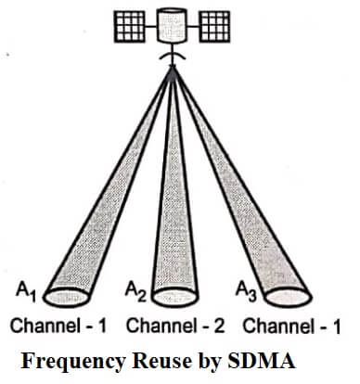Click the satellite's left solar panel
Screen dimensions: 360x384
pos(129,26)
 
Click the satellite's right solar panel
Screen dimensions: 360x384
pos(214,26)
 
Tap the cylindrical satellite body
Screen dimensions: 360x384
pos(172,25)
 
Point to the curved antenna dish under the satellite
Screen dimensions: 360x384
pos(172,57)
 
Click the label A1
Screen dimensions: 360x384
pos(26,293)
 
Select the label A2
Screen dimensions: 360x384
pos(135,292)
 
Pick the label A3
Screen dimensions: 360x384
pos(246,292)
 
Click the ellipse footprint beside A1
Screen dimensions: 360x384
pos(66,297)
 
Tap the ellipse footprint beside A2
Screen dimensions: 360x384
pos(175,297)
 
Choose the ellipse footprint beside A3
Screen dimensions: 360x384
pos(288,297)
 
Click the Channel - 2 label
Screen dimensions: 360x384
pos(175,326)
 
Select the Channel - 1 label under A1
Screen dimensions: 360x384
pos(58,326)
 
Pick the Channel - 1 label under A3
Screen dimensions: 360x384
pos(291,326)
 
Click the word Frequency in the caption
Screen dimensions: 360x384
pos(73,362)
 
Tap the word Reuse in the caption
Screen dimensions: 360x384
pos(161,361)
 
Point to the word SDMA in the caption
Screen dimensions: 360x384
pos(262,361)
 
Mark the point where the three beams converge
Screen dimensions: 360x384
pos(173,69)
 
